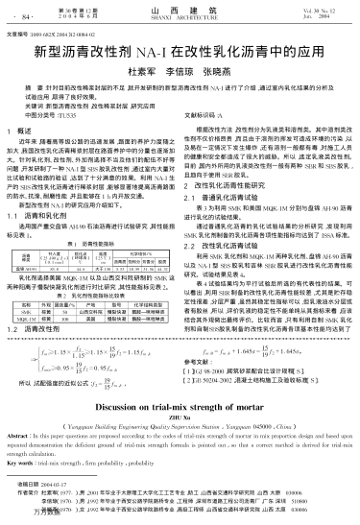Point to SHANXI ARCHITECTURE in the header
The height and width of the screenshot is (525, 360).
180,19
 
